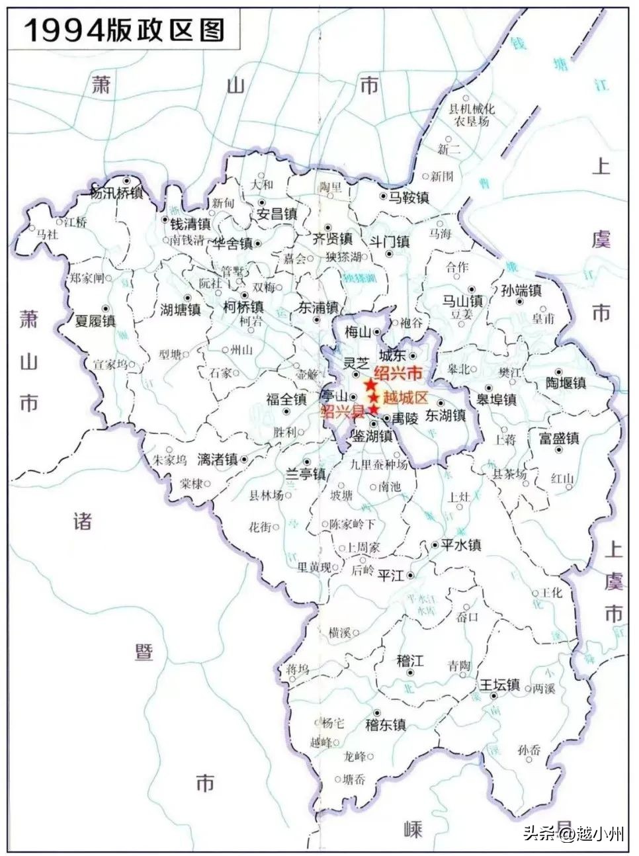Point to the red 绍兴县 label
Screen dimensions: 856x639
coord(342,411)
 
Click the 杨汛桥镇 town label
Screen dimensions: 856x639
coord(116,193)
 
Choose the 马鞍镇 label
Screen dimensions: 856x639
coord(409,197)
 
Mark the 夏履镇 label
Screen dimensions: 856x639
coord(95,321)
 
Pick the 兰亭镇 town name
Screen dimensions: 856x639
coord(305,474)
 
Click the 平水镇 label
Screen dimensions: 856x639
coord(460,545)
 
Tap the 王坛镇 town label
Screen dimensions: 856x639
coord(499,685)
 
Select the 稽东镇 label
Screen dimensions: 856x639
coord(385,724)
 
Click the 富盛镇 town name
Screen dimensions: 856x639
coord(559,438)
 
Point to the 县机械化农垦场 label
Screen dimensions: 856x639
coord(472,115)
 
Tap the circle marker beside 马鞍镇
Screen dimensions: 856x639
coord(383,196)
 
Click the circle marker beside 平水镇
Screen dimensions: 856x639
coord(435,545)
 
